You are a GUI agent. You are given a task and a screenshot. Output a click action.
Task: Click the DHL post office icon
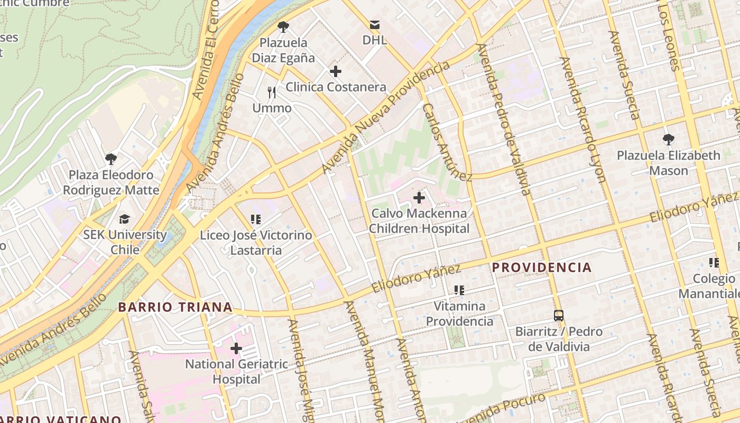[x=375, y=24]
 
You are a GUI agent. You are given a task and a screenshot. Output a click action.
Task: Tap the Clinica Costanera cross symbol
[x=335, y=71]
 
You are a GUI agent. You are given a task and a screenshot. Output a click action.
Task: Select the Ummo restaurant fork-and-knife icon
[x=272, y=93]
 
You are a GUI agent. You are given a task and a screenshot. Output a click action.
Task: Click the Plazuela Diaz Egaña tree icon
[x=283, y=26]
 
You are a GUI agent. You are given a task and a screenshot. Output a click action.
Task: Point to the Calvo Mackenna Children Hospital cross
[x=419, y=198]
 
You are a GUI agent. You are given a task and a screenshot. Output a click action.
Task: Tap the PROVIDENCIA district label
[x=542, y=268]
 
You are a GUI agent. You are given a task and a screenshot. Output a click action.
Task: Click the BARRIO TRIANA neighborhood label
[x=175, y=307]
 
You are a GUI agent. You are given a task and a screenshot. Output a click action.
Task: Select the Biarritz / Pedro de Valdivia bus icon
[x=559, y=316]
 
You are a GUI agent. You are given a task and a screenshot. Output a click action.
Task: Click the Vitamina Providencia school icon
[x=459, y=290]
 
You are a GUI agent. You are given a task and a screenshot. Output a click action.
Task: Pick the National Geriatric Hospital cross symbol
[x=236, y=348]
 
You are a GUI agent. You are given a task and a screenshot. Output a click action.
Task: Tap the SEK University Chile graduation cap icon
[x=124, y=219]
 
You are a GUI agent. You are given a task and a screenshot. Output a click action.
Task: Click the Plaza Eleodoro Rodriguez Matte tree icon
[x=111, y=159]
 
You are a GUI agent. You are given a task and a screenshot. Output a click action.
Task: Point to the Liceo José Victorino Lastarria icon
[x=256, y=219]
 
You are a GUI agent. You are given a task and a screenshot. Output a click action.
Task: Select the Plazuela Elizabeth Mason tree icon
[x=669, y=140]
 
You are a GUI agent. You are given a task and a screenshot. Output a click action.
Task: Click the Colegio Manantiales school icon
[x=714, y=262]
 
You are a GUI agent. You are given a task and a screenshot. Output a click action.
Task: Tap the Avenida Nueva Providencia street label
[x=386, y=117]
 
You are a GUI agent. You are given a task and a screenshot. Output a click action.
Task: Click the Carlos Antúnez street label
[x=447, y=142]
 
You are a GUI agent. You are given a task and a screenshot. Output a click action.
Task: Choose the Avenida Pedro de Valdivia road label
[x=504, y=119]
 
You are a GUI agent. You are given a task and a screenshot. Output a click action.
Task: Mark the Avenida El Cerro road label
[x=206, y=50]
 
